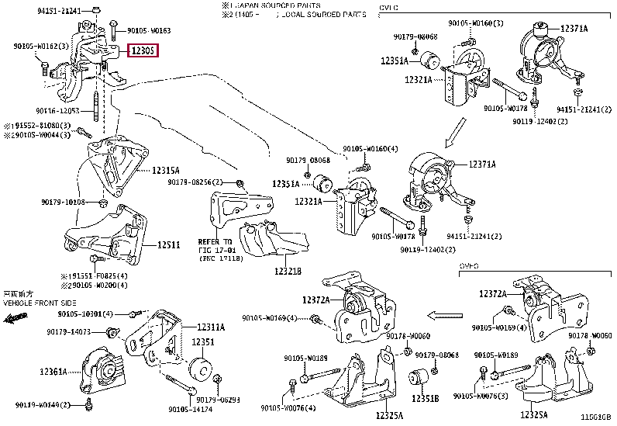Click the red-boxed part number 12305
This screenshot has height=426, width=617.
tap(143, 51)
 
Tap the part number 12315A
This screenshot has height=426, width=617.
tap(166, 170)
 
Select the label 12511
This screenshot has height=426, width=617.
tap(168, 244)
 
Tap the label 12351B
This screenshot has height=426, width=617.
tap(425, 398)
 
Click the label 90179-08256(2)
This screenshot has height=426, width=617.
tap(194, 182)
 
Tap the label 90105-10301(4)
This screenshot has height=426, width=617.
tap(84, 313)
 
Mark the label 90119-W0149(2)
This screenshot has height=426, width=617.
tap(43, 405)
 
